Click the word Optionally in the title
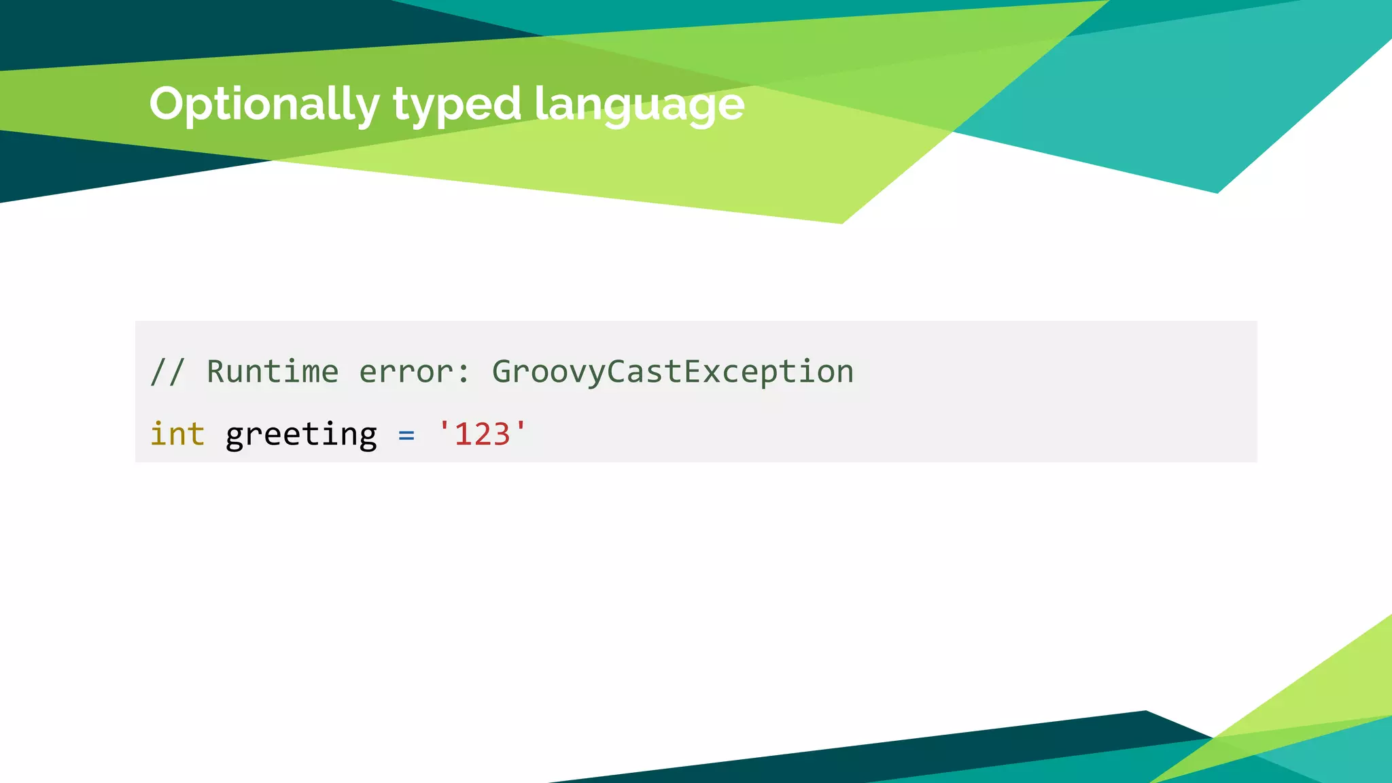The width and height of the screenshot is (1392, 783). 264,105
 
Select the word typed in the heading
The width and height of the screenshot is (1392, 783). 457,105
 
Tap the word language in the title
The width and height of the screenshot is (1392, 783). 639,105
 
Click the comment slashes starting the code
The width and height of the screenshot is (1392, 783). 167,372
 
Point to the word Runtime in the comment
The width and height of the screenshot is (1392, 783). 273,372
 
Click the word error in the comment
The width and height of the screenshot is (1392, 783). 406,372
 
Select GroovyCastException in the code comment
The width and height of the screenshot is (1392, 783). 672,372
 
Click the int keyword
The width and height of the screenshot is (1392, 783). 177,434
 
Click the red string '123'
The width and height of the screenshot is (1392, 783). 482,434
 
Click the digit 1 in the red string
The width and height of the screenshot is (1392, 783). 463,434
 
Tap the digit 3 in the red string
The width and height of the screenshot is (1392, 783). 501,434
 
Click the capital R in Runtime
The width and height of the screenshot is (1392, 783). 215,372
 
